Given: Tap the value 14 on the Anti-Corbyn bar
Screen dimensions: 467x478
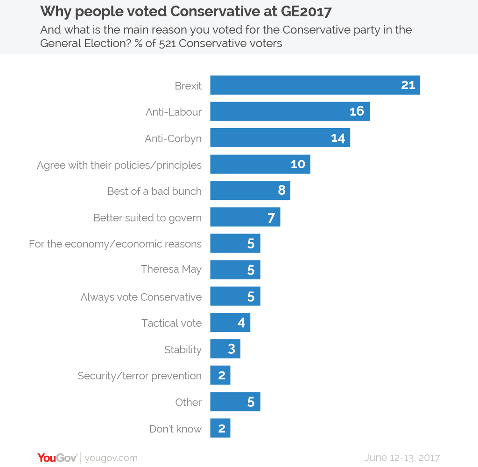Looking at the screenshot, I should click(337, 138).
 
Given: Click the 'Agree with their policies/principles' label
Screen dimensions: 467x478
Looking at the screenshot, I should click(119, 165).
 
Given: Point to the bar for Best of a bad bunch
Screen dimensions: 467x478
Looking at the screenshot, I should click(250, 191).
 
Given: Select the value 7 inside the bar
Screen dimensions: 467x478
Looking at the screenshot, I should click(271, 218).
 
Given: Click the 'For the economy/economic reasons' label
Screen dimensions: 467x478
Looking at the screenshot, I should click(115, 244).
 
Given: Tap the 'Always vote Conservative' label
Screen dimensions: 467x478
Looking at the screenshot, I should click(141, 297).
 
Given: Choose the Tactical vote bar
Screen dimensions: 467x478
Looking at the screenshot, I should click(230, 323).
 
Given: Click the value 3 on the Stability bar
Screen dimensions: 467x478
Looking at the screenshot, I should click(232, 349).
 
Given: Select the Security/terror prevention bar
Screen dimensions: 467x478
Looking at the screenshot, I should click(220, 376).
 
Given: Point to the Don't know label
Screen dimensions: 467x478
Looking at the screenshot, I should click(176, 429).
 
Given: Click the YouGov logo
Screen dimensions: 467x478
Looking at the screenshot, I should click(57, 458).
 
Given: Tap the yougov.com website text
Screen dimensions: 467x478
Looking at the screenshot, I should click(111, 458).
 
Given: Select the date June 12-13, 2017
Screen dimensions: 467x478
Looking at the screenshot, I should click(402, 457).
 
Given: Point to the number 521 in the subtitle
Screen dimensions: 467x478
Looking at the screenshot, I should click(169, 43).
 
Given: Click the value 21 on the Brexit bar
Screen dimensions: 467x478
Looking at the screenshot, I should click(408, 85).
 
